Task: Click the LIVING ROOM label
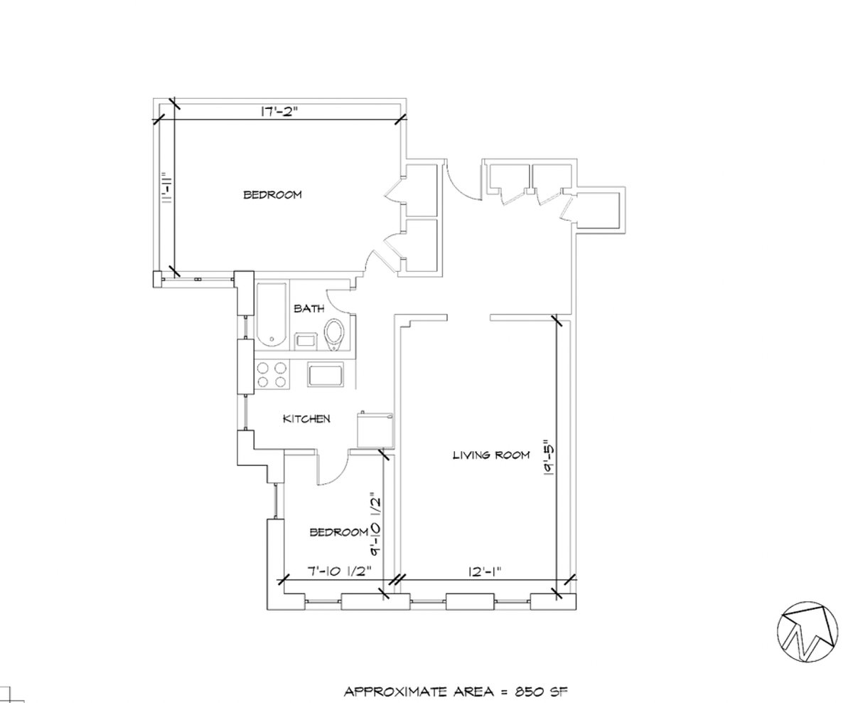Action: pyautogui.click(x=491, y=455)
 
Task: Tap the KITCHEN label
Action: pyautogui.click(x=306, y=419)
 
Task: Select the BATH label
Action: pyautogui.click(x=309, y=309)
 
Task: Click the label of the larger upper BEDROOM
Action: pyautogui.click(x=272, y=195)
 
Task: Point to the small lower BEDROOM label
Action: pyautogui.click(x=338, y=532)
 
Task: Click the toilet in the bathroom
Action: pyautogui.click(x=334, y=335)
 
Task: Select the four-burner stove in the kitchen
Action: pyautogui.click(x=272, y=375)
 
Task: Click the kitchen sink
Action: pyautogui.click(x=326, y=374)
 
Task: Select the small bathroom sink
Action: pyautogui.click(x=306, y=340)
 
